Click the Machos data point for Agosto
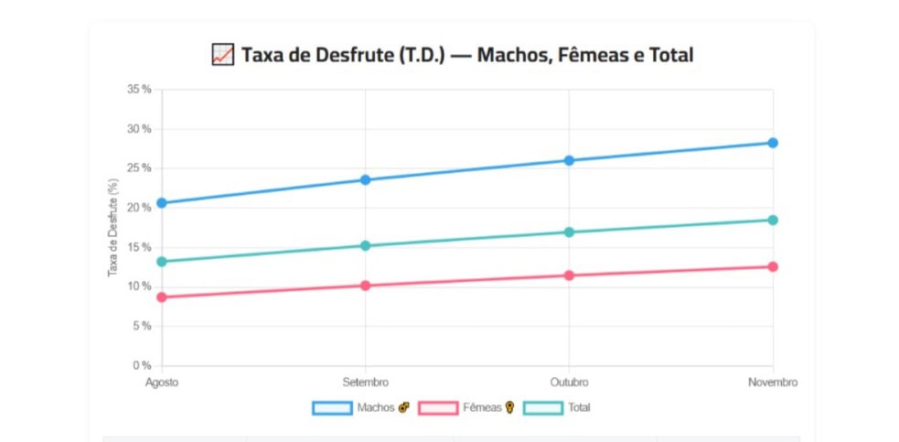162,203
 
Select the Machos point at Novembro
773,143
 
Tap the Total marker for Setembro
366,245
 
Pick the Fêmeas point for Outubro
569,275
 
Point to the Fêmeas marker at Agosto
162,297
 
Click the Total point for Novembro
773,220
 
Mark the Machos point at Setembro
366,179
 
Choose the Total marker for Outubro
569,232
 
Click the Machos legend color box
332,407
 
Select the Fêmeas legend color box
438,407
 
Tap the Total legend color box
543,407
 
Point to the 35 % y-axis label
139,90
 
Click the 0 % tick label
142,366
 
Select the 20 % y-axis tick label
139,208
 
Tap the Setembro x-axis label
366,383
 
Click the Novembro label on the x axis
773,383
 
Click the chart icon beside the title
222,55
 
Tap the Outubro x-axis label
569,383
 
